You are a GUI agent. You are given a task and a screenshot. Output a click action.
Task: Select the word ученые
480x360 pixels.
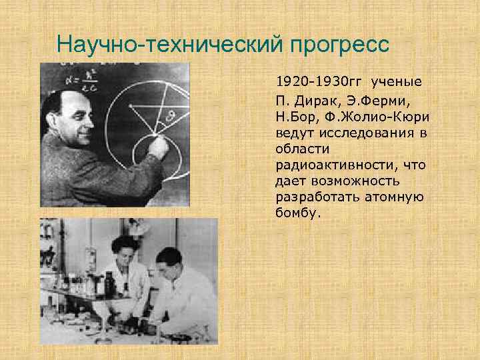coord(397,82)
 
